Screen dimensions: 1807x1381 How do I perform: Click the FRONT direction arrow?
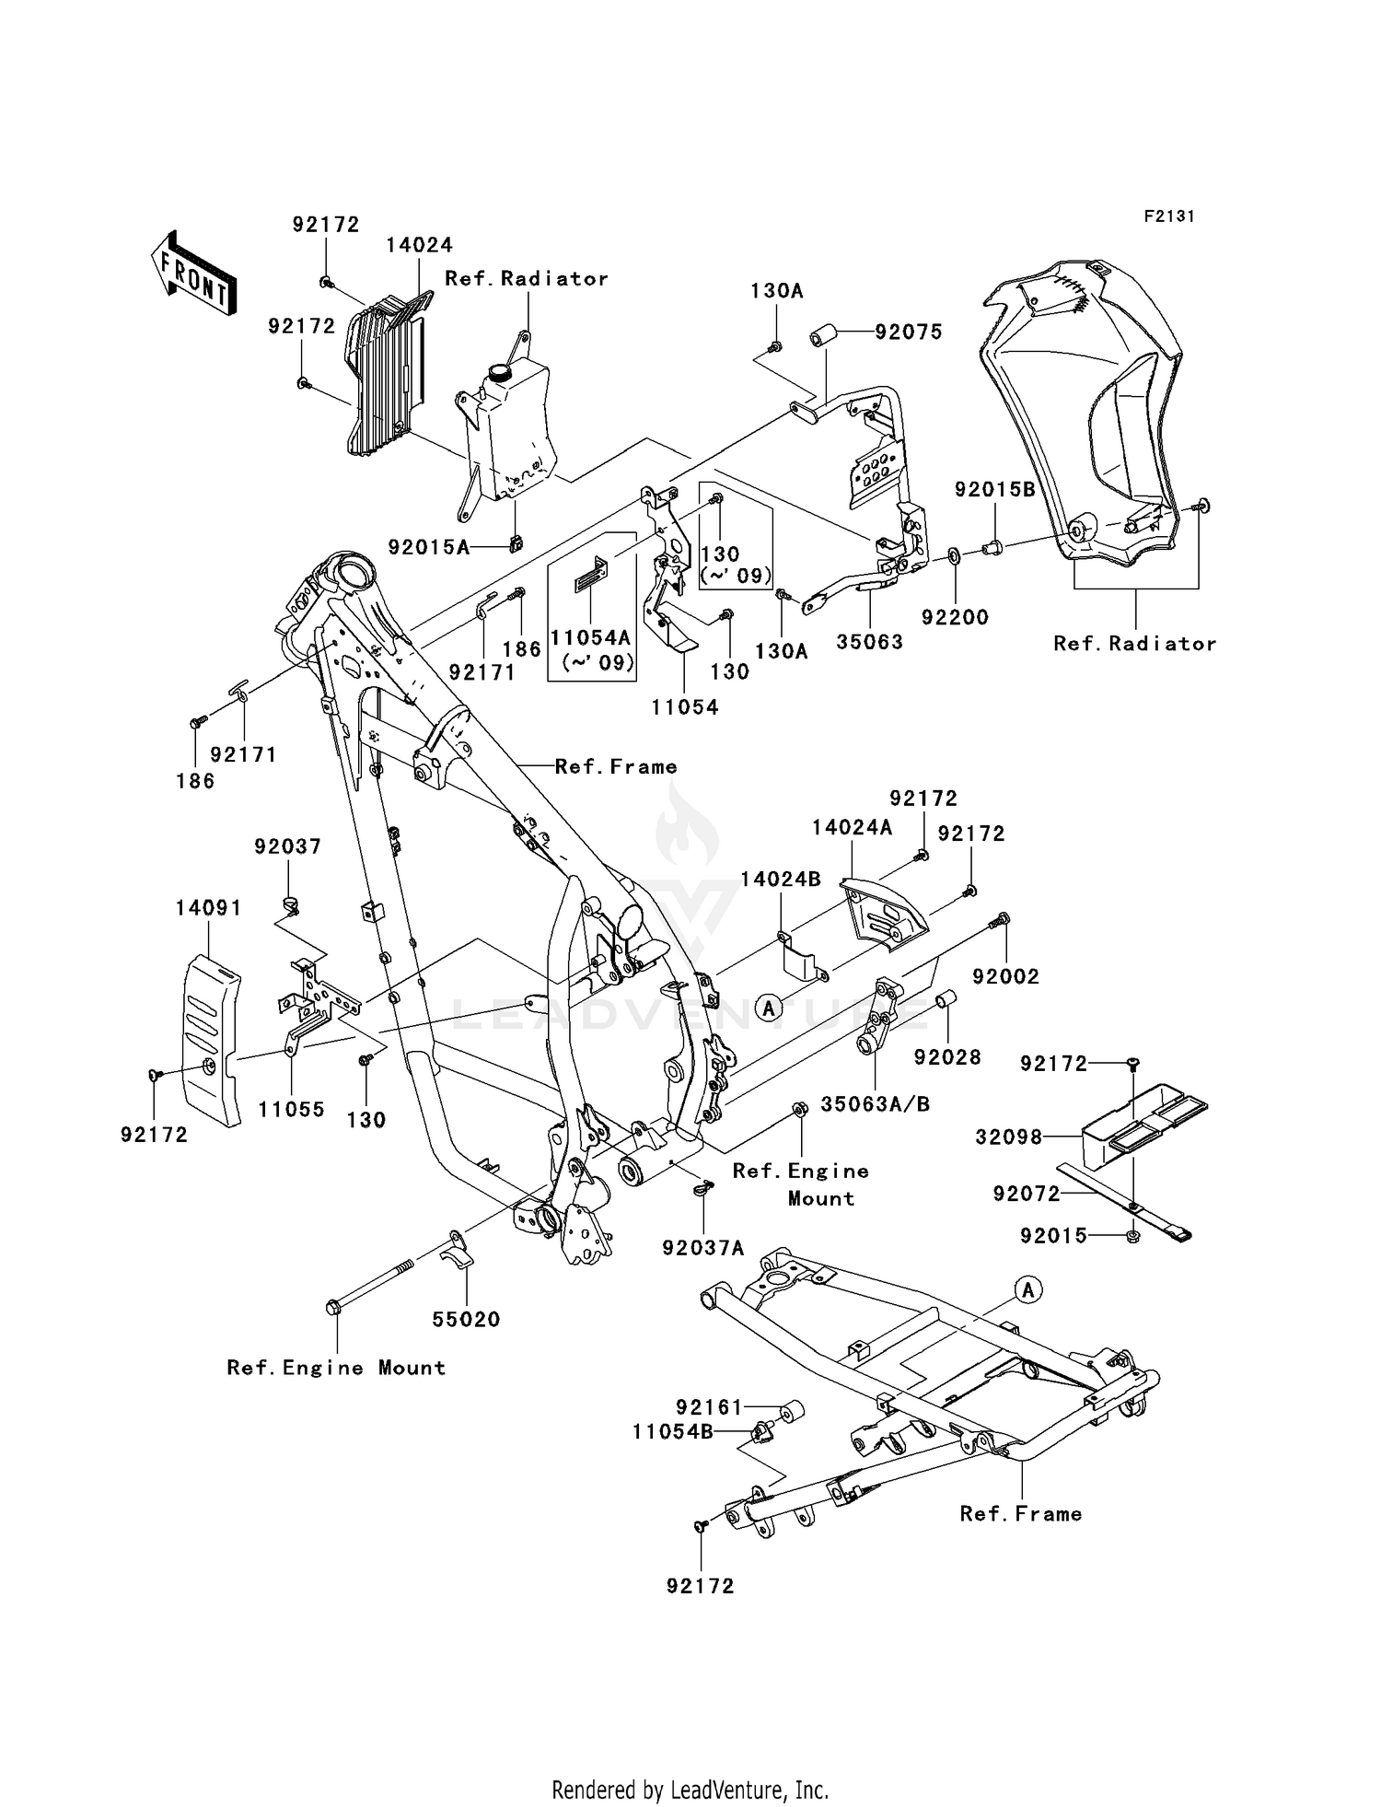point(193,274)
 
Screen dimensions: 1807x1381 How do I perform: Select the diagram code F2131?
point(1169,216)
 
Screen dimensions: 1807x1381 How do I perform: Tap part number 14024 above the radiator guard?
point(419,245)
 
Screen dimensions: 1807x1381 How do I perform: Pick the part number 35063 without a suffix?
point(869,642)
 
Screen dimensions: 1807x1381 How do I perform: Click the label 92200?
point(955,617)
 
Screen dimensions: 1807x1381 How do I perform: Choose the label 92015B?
point(994,490)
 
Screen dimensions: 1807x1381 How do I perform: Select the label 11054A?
point(590,636)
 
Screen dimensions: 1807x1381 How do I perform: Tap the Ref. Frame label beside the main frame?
point(616,766)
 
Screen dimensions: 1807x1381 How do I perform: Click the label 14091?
point(209,908)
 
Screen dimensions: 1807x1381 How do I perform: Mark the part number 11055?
point(291,1110)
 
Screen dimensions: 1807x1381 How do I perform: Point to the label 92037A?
point(702,1248)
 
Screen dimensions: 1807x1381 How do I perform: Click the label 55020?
point(466,1320)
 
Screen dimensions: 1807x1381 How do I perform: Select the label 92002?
point(1005,976)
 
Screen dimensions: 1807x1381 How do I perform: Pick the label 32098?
point(1009,1137)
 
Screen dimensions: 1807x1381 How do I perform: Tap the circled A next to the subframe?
point(1028,1290)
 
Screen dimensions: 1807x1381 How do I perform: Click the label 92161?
point(709,1407)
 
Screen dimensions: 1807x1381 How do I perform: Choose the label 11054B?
point(672,1432)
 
